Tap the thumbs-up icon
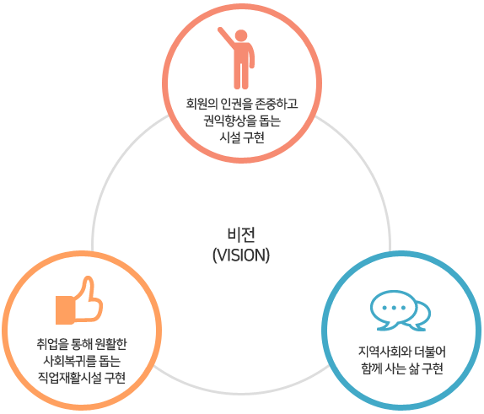point(79,300)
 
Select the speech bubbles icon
point(400,310)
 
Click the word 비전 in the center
point(241,234)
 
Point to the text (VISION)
point(241,255)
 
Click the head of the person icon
point(241,35)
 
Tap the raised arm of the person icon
point(225,37)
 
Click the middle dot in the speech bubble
point(394,308)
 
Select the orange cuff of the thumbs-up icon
point(65,310)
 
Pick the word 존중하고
point(277,104)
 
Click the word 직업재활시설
point(69,378)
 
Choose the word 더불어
point(430,352)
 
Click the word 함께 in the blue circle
point(372,368)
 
